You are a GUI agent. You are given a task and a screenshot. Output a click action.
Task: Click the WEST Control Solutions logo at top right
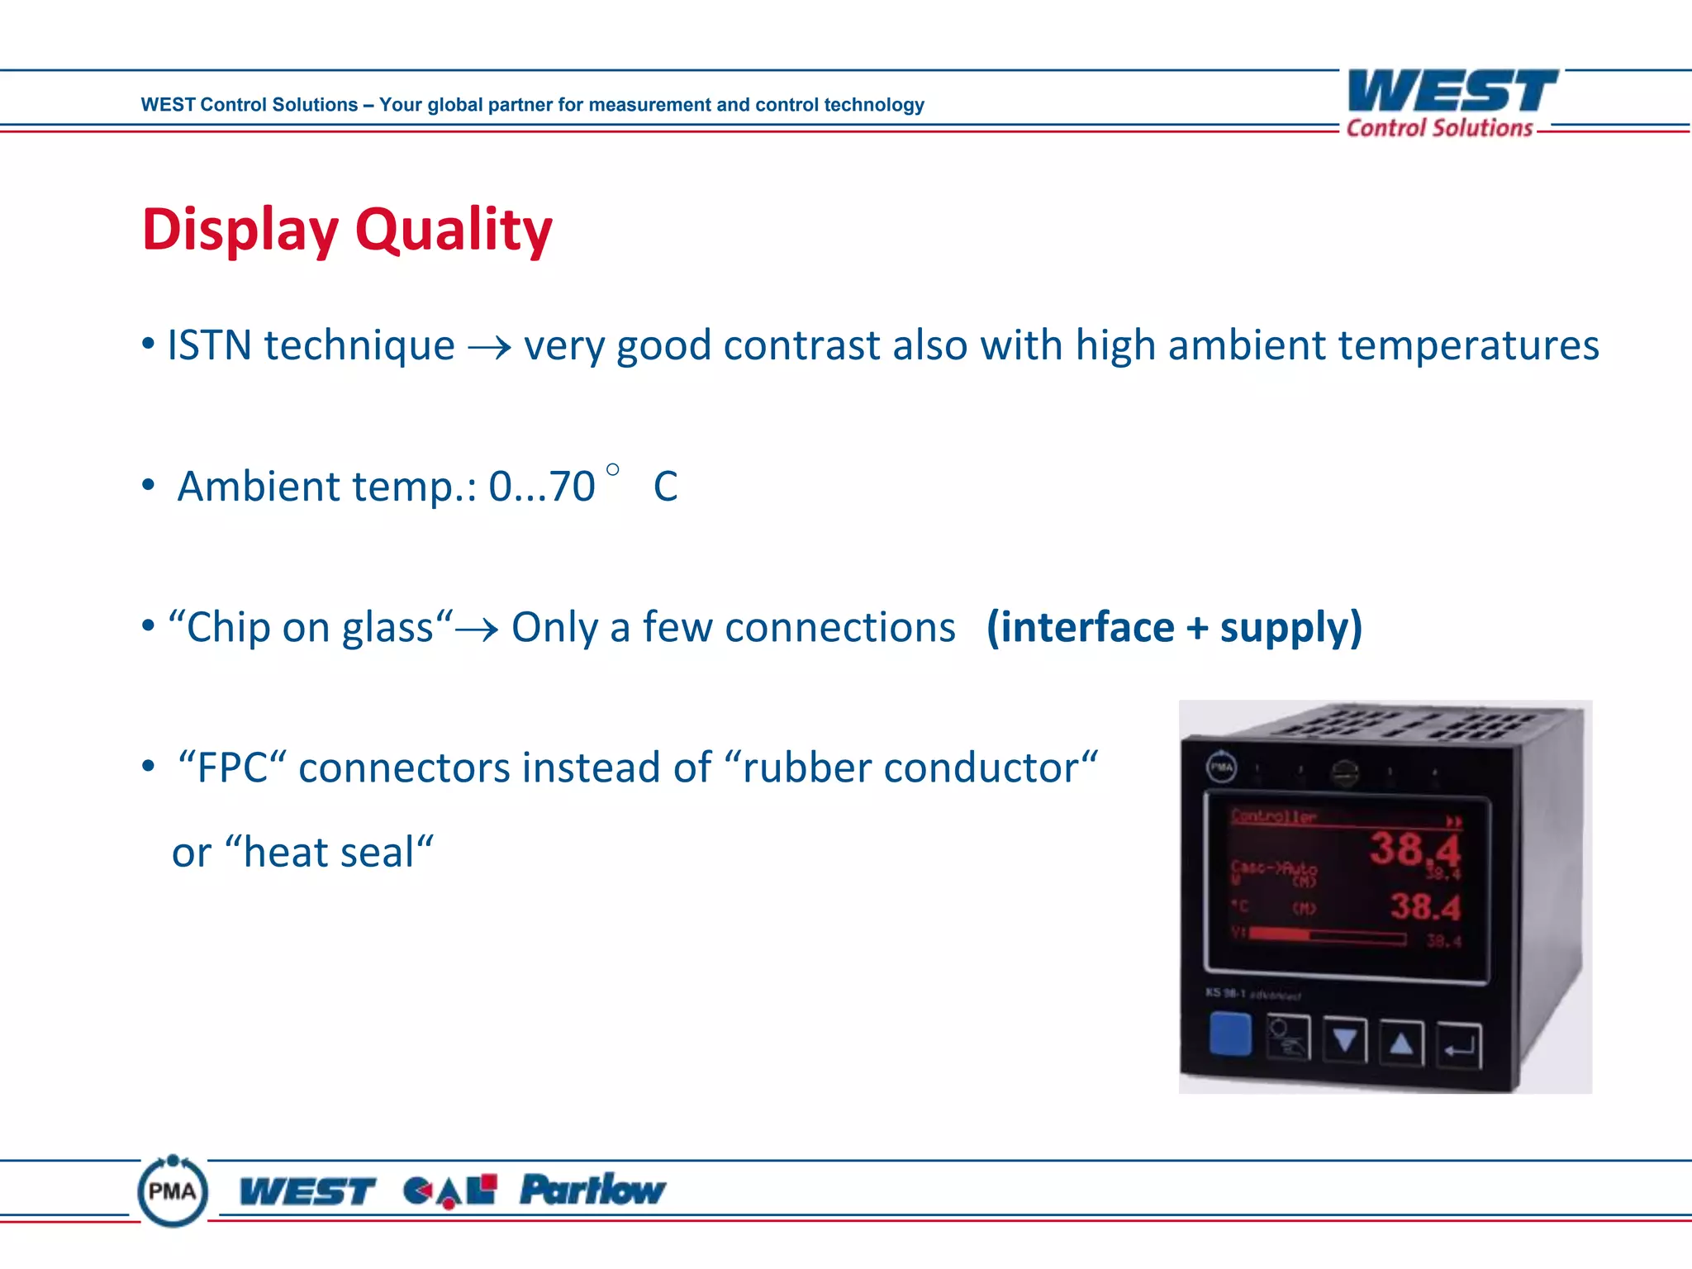1451,103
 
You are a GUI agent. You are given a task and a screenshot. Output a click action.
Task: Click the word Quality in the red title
454,230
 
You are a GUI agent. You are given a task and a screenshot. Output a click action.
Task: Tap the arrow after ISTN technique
489,348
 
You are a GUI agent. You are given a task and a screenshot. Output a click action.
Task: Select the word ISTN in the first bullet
209,345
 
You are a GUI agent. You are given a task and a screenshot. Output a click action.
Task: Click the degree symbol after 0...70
612,470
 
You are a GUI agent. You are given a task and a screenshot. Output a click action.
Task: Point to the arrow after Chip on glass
478,630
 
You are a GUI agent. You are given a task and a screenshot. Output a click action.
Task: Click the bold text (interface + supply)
1174,628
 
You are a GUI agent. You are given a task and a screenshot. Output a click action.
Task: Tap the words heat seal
329,853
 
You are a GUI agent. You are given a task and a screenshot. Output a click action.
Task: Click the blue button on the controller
1230,1035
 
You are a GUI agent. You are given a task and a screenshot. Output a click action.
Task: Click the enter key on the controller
1459,1046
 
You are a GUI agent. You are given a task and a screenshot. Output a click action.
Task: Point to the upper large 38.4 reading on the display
1414,848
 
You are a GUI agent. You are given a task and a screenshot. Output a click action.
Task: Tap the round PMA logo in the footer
173,1191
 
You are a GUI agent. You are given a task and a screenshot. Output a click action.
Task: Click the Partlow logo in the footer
592,1190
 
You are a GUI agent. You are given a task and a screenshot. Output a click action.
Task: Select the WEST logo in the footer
307,1191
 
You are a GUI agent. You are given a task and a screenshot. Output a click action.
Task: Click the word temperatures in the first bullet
1468,345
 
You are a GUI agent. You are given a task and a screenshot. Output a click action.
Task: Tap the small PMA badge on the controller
1222,767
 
